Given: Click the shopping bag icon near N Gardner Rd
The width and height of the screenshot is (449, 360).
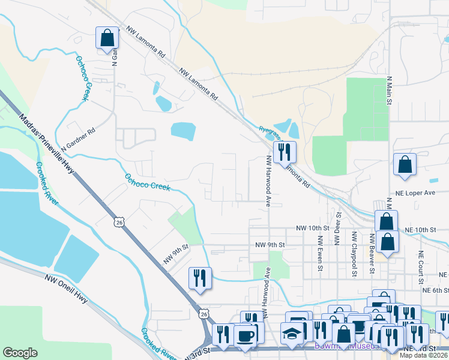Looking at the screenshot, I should [107, 38].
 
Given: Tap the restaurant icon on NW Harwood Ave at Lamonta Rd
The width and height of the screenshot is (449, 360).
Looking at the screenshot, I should [284, 152].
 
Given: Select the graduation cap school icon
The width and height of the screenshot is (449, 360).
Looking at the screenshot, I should [292, 333].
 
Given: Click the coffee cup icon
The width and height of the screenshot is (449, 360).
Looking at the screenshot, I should [244, 335].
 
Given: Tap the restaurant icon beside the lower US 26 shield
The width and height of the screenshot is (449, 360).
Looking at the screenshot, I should [200, 278].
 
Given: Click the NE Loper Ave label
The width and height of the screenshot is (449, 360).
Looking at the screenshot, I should [415, 193].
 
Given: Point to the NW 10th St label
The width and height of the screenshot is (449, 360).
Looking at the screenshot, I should [313, 229].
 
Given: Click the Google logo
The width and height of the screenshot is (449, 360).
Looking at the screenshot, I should [20, 353].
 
